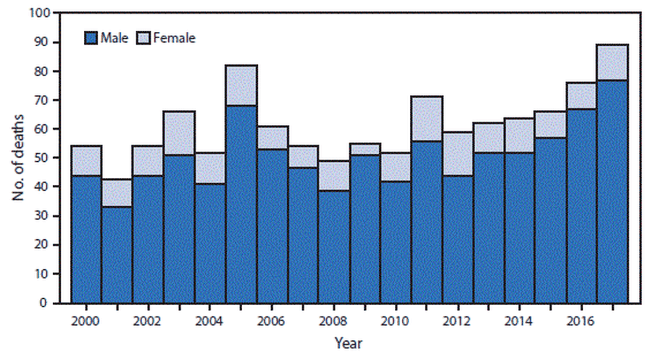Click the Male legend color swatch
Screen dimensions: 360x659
[91, 39]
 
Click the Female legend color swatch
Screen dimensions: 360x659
[143, 39]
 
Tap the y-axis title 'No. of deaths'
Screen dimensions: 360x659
[20, 157]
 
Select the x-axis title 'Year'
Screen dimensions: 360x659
[349, 343]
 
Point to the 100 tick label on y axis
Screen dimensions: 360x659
[40, 13]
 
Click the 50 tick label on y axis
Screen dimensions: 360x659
[43, 158]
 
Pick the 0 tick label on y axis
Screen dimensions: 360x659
[46, 303]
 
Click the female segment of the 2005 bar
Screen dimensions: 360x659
[242, 86]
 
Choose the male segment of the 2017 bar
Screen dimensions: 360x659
[612, 191]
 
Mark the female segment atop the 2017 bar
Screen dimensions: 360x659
[612, 62]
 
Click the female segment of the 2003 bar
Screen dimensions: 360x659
[179, 126]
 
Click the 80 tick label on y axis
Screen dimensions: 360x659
[43, 71]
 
